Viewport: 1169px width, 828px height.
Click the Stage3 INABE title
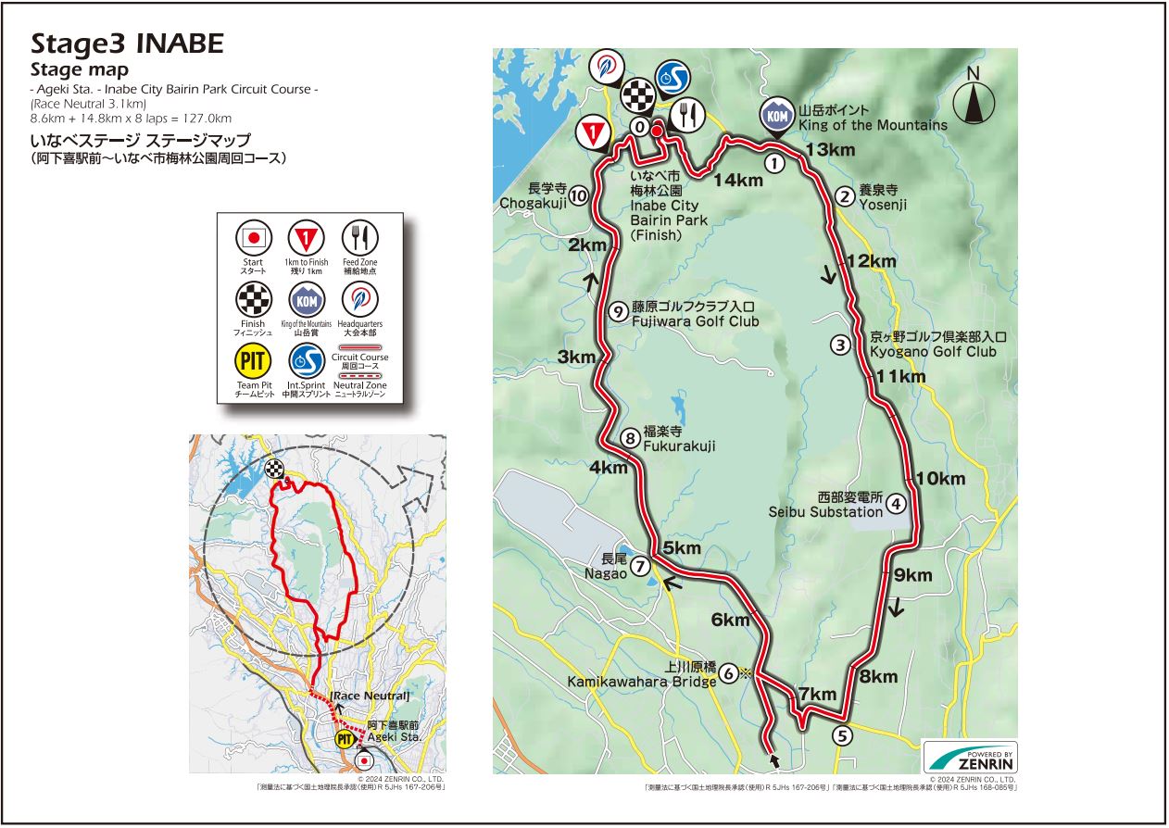[x=127, y=44]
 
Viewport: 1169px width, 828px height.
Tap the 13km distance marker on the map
[x=830, y=150]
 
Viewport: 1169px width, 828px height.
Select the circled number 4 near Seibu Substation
[x=896, y=504]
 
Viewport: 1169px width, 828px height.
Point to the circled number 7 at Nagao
[x=640, y=567]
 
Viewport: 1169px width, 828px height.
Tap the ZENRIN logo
[x=970, y=757]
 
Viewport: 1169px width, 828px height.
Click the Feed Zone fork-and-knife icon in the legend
[x=358, y=238]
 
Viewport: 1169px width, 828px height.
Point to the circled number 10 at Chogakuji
[x=578, y=195]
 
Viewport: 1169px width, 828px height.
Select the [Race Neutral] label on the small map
[x=370, y=696]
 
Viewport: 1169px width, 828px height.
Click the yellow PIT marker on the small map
[x=345, y=739]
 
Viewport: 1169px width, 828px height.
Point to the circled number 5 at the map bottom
[x=841, y=736]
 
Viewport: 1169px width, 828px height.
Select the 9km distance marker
[x=912, y=575]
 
